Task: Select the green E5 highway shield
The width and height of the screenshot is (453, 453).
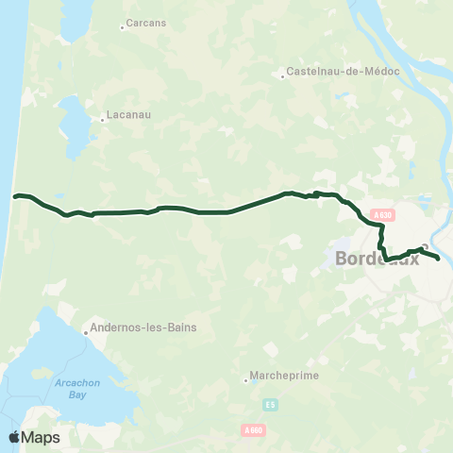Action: (271, 405)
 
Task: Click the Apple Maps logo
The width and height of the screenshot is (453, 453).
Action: (34, 437)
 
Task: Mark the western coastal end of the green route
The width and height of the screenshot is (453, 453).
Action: (15, 196)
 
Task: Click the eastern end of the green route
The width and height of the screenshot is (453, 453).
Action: (439, 257)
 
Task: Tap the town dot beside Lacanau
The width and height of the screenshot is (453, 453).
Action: (103, 119)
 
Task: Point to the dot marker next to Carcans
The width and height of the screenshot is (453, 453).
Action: (123, 27)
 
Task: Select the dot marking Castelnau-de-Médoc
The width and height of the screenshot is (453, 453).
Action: (283, 75)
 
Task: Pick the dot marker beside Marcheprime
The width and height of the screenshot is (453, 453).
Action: (246, 379)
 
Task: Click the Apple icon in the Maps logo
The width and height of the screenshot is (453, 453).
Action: (14, 437)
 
